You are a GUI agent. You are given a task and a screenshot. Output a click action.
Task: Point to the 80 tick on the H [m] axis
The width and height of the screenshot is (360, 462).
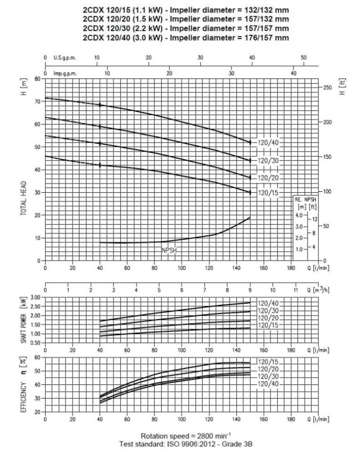coord(38,79)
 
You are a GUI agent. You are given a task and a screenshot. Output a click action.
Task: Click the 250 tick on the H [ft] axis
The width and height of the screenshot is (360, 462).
coord(327,88)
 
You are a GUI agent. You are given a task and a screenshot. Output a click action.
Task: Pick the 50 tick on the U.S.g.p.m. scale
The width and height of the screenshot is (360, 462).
coord(303,58)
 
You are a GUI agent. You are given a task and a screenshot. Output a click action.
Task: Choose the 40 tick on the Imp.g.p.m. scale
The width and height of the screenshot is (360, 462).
coord(294,73)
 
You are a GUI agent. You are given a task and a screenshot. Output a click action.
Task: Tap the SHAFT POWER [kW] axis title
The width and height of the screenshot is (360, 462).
coord(23,321)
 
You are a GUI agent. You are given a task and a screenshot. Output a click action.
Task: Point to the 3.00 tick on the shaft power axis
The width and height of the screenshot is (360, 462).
coord(36,298)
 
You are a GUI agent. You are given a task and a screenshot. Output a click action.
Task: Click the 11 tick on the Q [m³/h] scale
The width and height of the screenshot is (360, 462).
coord(295,291)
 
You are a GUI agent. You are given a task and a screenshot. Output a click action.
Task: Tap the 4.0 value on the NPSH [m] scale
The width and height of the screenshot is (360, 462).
coord(299,215)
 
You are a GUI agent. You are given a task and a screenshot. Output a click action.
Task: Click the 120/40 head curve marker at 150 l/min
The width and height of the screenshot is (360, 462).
coord(250,143)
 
